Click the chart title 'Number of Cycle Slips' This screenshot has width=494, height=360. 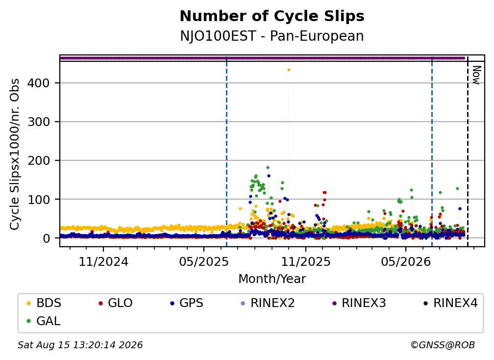point(272,16)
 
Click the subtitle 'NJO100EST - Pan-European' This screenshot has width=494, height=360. point(272,36)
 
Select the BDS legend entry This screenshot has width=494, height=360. point(44,303)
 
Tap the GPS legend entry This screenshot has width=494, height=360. point(187,303)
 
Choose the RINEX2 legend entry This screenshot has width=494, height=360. point(268,303)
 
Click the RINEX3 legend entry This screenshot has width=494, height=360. point(359,303)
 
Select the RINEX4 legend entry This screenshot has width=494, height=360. point(450,303)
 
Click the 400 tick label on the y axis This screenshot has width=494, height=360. point(38,83)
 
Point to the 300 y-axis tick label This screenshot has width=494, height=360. point(38,122)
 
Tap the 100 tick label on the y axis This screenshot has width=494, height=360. point(38,200)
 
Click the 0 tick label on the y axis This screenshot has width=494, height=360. point(46,238)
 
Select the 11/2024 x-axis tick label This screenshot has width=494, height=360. point(103,261)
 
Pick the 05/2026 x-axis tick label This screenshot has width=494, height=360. point(406,261)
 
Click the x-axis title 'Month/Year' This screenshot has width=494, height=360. point(272,279)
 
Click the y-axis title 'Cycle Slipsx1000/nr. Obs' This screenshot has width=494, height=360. point(15,154)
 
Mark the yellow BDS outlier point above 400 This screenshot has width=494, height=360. point(289,70)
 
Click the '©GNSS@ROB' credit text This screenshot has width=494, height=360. point(443,345)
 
